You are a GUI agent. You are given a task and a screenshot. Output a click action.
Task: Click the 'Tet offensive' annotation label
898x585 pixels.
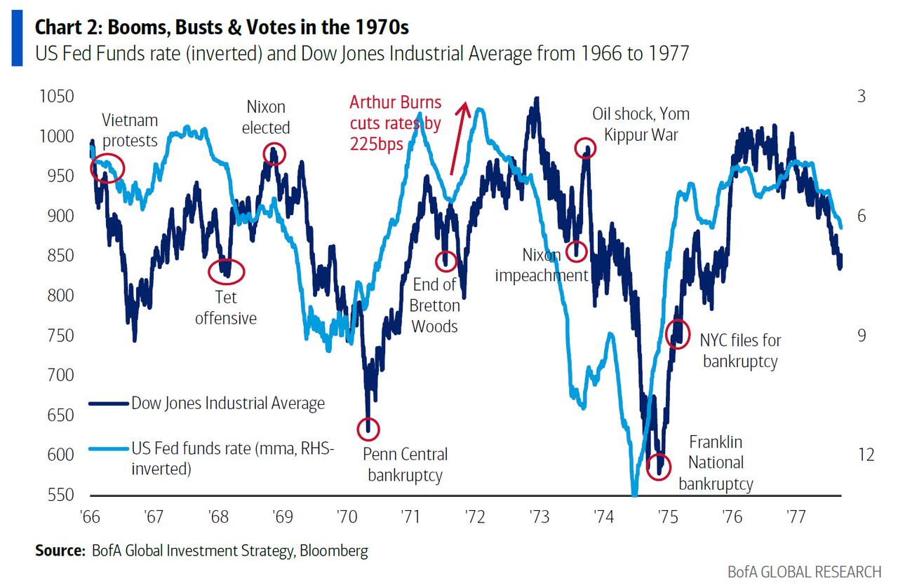tap(226, 308)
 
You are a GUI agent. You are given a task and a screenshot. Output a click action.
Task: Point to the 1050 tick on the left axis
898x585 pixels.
tap(57, 96)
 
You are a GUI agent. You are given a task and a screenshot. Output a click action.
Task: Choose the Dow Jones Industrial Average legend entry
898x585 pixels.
tap(228, 403)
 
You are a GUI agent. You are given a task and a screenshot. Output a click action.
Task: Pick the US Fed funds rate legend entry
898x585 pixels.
tap(232, 458)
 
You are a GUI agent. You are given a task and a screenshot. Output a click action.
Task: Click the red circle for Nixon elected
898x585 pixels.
tap(274, 153)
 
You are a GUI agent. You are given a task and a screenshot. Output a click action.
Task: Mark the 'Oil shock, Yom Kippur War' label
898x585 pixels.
tap(641, 124)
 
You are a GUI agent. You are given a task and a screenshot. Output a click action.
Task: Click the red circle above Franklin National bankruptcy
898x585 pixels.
tap(658, 464)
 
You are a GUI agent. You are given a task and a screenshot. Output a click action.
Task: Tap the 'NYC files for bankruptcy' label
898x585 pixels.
tap(740, 351)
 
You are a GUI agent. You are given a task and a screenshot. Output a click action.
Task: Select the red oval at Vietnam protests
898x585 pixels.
tap(108, 168)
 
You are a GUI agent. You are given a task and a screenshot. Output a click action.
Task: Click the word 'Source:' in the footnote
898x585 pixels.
tap(60, 551)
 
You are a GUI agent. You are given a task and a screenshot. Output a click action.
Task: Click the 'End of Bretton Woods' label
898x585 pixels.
tap(436, 305)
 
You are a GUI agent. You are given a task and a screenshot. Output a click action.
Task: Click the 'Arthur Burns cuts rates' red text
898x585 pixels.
tap(396, 123)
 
